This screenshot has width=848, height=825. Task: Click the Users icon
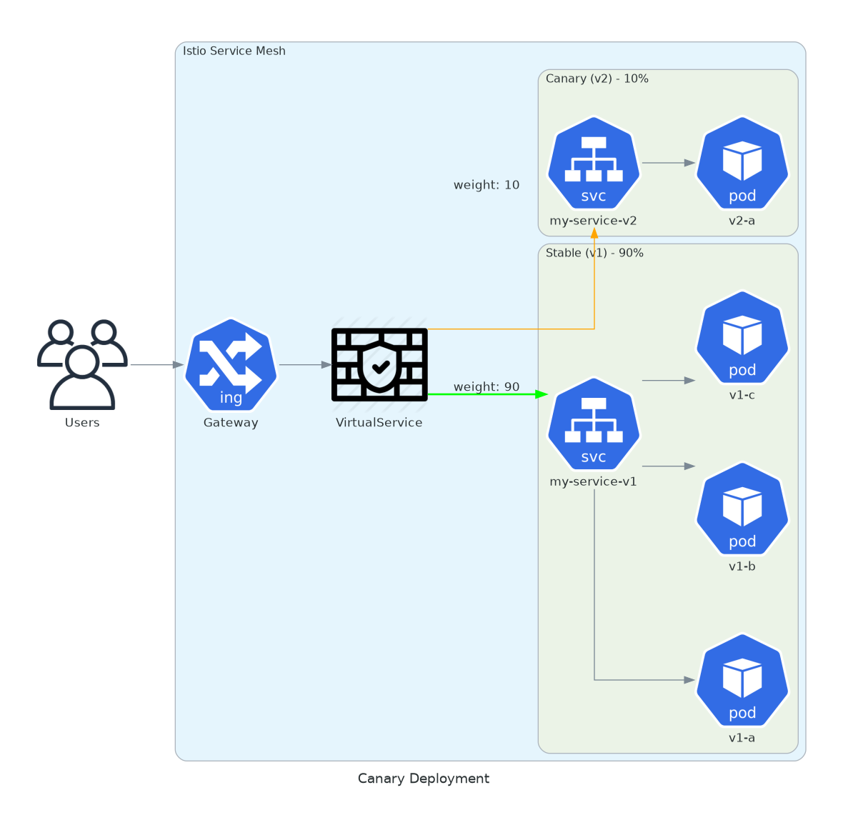tap(82, 364)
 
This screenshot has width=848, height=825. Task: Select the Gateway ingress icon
tap(231, 364)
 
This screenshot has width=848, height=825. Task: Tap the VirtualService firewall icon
tap(379, 364)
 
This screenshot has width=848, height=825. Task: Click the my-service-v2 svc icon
tap(594, 163)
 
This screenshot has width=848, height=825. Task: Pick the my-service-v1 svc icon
tap(594, 424)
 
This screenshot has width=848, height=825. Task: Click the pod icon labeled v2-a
tap(742, 163)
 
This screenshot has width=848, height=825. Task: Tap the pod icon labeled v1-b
tap(742, 509)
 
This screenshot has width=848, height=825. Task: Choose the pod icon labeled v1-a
tap(742, 680)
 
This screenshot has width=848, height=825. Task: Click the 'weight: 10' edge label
tap(487, 185)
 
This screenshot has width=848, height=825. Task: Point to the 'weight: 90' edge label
tap(487, 386)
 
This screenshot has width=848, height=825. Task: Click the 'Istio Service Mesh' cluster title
tap(234, 51)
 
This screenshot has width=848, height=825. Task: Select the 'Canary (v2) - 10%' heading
tap(597, 79)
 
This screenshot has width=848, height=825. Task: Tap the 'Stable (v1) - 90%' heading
tap(594, 253)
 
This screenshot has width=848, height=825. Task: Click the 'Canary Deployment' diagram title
tap(424, 779)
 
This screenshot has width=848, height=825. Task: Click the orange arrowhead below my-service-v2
tap(594, 233)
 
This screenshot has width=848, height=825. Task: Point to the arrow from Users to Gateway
tap(157, 365)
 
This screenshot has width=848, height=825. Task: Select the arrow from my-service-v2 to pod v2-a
tap(669, 163)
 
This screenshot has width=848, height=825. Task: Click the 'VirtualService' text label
tap(379, 422)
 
